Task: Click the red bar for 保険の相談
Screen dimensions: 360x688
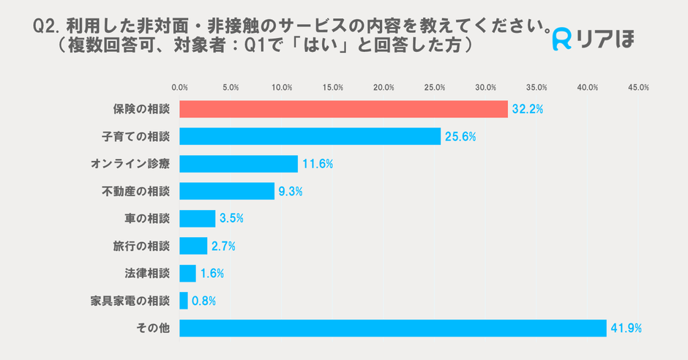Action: click(x=343, y=109)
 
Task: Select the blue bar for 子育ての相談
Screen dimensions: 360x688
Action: click(x=310, y=136)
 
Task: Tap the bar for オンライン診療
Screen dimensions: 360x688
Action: click(x=239, y=164)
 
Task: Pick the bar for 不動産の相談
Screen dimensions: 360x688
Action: click(x=227, y=191)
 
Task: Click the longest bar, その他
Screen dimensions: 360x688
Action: click(x=393, y=328)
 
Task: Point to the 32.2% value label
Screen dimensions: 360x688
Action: click(x=527, y=110)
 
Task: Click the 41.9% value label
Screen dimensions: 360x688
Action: click(x=626, y=329)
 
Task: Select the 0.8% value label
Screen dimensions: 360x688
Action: click(x=203, y=301)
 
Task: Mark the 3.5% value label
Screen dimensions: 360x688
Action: click(x=231, y=219)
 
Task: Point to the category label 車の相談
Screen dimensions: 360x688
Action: click(x=147, y=219)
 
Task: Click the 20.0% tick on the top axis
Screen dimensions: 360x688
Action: click(x=384, y=88)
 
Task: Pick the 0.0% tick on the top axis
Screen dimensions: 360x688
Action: click(x=179, y=88)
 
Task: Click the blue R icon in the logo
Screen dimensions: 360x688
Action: click(x=563, y=40)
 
